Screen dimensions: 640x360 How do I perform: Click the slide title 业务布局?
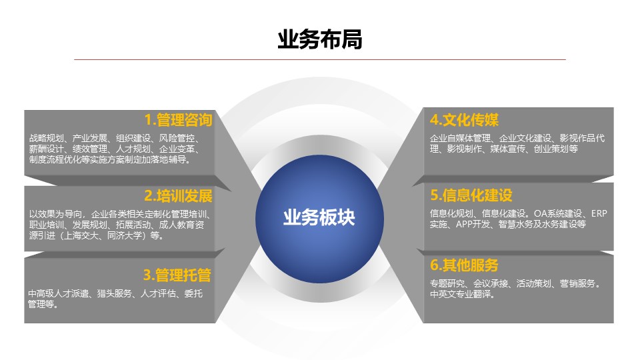319,39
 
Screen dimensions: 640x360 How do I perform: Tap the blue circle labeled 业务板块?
319,219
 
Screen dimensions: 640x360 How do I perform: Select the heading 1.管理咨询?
179,120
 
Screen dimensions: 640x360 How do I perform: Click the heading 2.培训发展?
179,196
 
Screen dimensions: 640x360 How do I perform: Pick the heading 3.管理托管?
177,275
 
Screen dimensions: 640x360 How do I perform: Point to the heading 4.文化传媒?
464,120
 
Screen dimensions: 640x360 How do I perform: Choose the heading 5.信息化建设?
471,195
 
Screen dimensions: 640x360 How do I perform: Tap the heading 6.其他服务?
464,265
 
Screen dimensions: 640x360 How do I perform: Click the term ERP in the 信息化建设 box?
599,213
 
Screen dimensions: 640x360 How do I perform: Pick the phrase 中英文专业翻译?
460,294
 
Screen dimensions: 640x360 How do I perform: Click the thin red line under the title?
319,59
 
